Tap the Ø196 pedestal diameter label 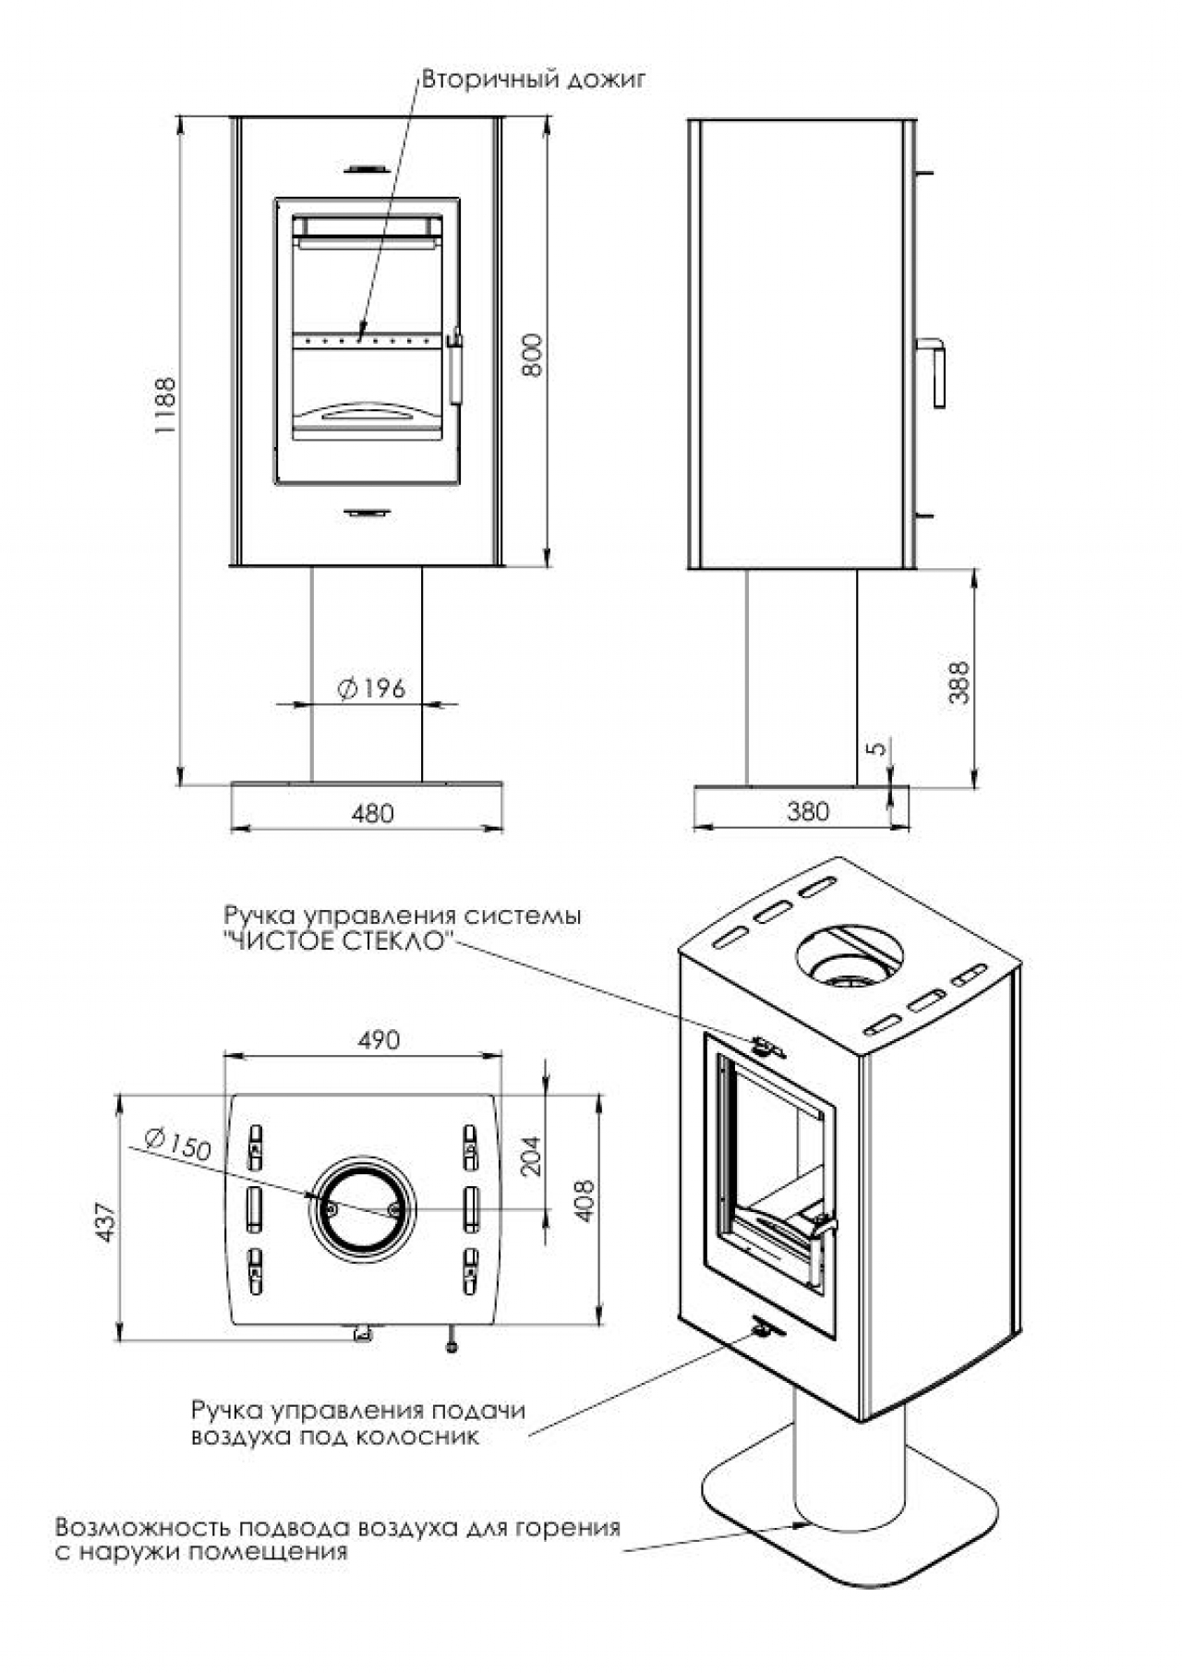pos(372,688)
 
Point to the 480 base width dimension pos(372,814)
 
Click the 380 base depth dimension pos(808,812)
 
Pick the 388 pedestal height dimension pos(959,683)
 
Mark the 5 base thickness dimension pos(879,746)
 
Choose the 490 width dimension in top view pos(379,1040)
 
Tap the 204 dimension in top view pos(532,1155)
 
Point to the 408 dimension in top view pos(585,1201)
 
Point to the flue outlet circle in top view pos(364,1206)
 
